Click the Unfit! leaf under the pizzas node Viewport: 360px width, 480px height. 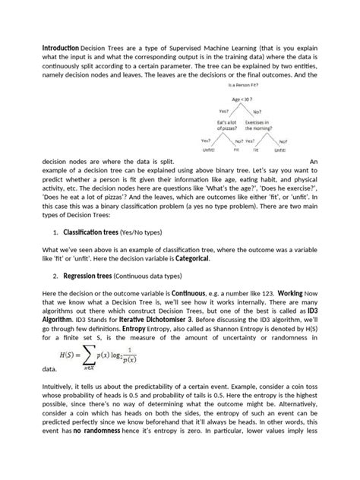[x=207, y=150]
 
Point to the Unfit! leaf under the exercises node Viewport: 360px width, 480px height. [x=280, y=150]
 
